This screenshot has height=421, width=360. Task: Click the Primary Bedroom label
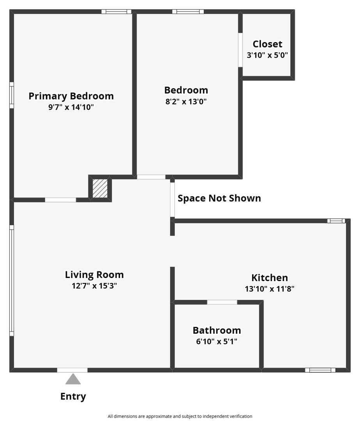click(x=71, y=96)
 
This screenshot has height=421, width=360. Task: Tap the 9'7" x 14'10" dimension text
click(x=71, y=107)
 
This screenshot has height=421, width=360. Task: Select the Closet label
click(x=267, y=44)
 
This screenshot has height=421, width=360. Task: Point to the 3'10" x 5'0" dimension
click(x=267, y=55)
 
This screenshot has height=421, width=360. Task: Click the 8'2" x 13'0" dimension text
click(x=186, y=102)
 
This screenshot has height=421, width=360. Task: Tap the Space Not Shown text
click(x=219, y=198)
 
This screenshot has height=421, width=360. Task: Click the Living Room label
click(x=94, y=274)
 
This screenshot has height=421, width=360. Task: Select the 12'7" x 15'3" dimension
click(x=94, y=286)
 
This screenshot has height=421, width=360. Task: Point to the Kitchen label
click(x=270, y=278)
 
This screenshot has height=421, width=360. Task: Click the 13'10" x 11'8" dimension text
click(x=270, y=289)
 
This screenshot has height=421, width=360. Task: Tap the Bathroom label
click(x=217, y=331)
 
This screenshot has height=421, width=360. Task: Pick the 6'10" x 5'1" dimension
click(x=217, y=342)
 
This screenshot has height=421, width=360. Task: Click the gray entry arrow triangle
click(x=73, y=379)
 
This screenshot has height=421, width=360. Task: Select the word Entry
click(x=73, y=396)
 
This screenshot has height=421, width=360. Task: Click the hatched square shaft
click(x=100, y=188)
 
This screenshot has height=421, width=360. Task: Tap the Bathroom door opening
click(x=222, y=302)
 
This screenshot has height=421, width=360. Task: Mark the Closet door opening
click(x=240, y=50)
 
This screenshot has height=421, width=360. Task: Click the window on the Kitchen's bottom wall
click(x=320, y=370)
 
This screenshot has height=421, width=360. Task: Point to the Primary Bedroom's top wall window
click(x=117, y=12)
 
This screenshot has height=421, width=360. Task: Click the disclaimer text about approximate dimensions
click(x=180, y=416)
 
